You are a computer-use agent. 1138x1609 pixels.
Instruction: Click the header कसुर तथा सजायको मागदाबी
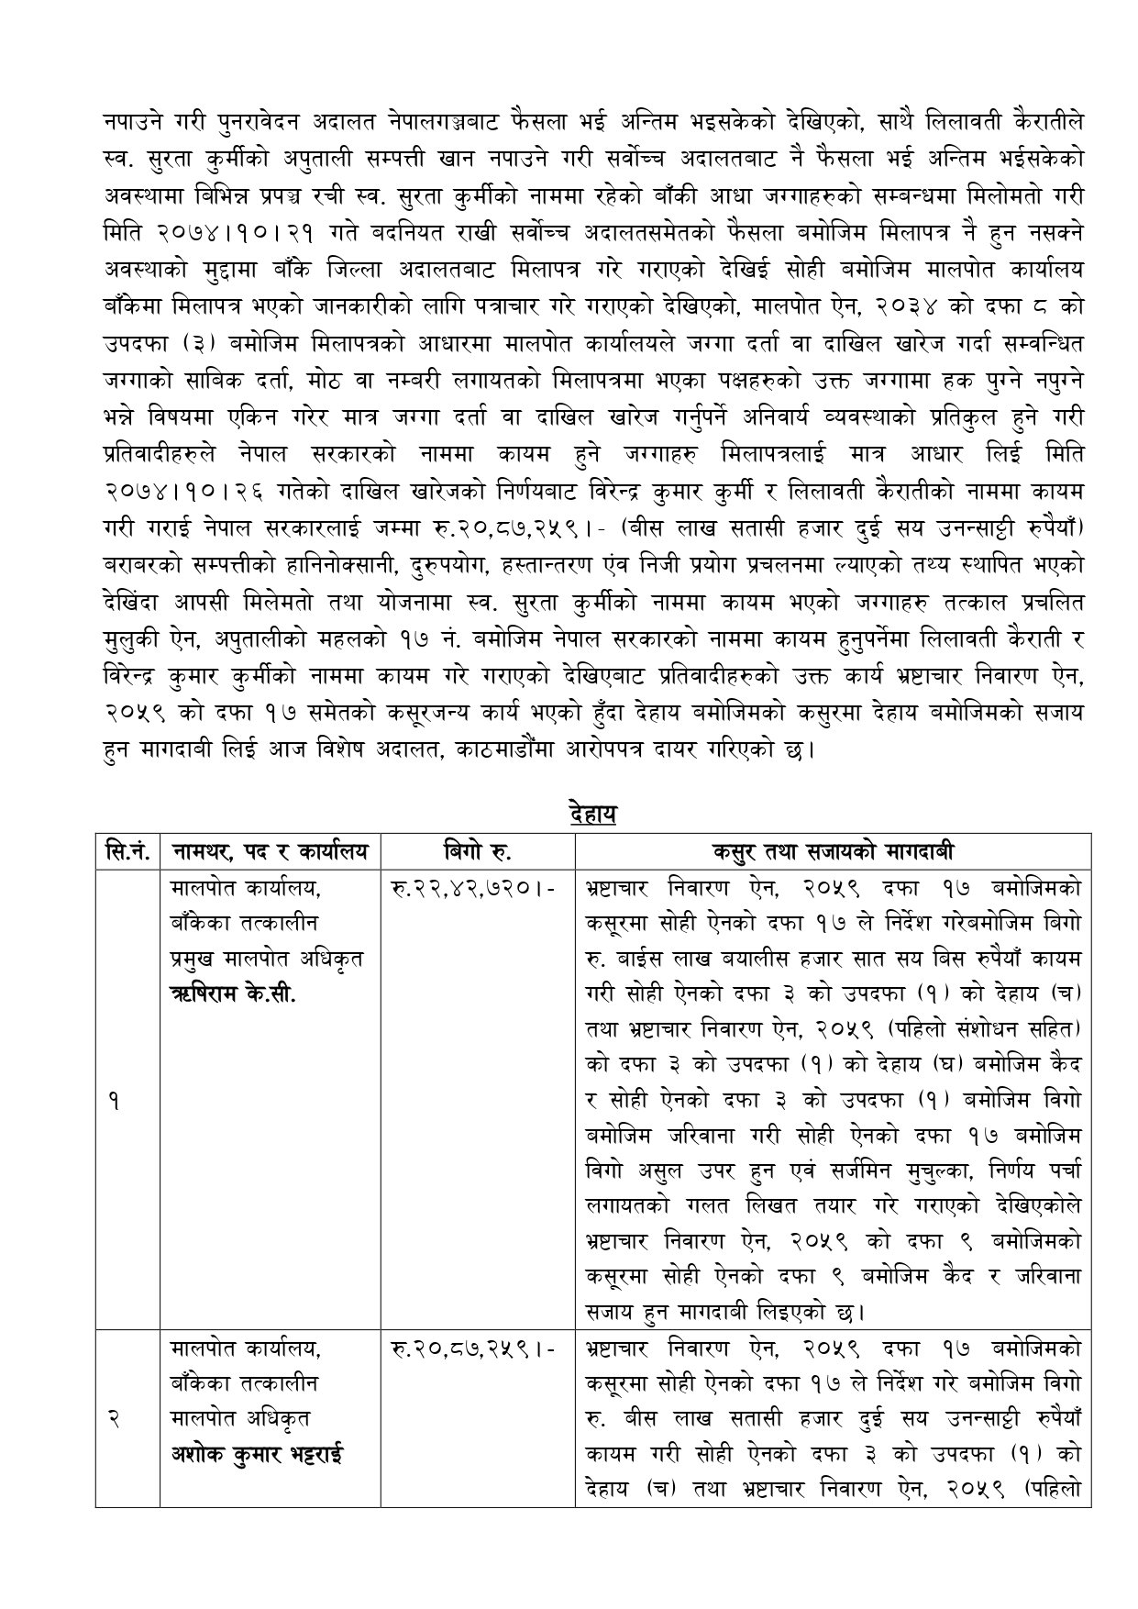tap(833, 851)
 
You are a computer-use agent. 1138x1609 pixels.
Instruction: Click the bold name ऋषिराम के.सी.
tap(233, 994)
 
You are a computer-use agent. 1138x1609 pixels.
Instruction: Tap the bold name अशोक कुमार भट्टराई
tap(256, 1455)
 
